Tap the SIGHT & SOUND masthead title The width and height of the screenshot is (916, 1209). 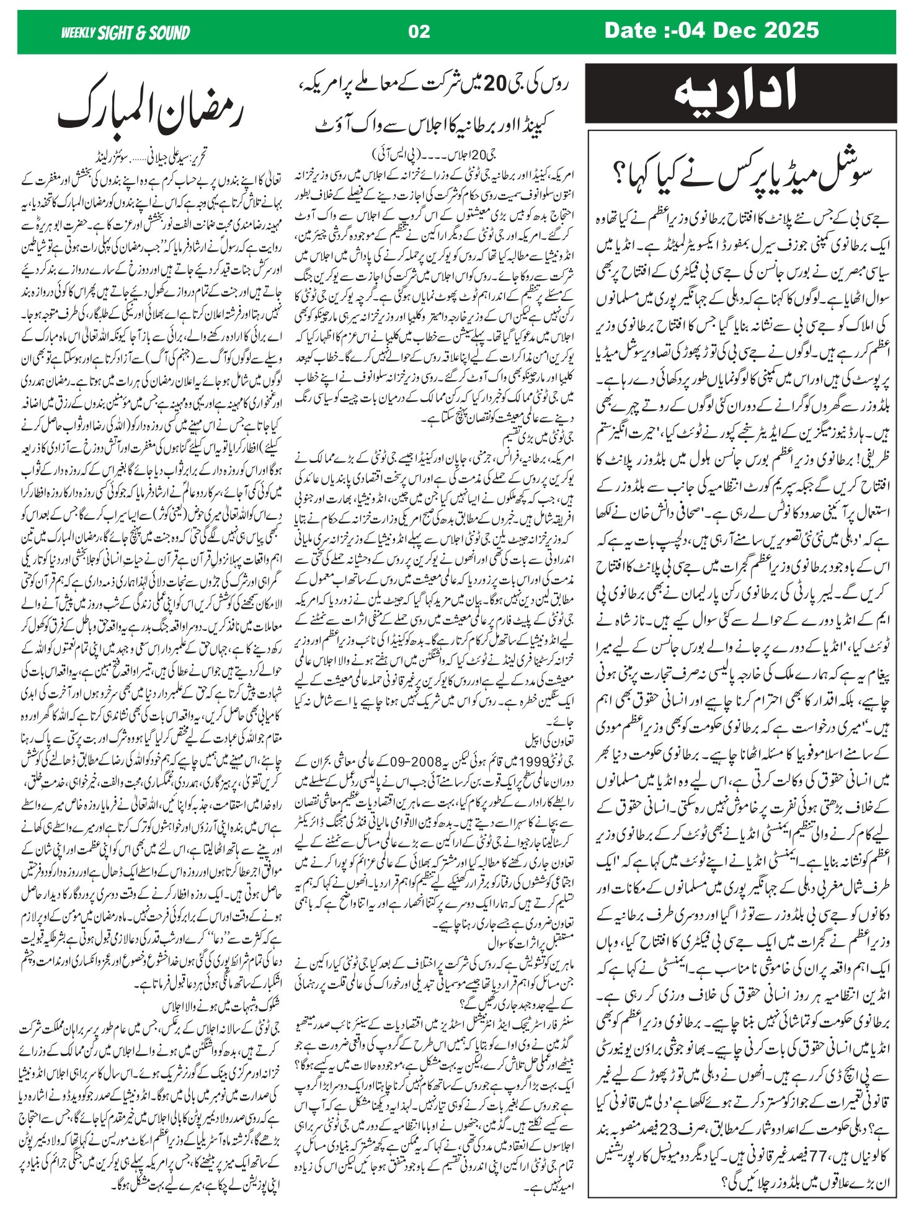pos(143,33)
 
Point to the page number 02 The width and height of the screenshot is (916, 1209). pos(420,32)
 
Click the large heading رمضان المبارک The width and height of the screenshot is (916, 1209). pos(153,111)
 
